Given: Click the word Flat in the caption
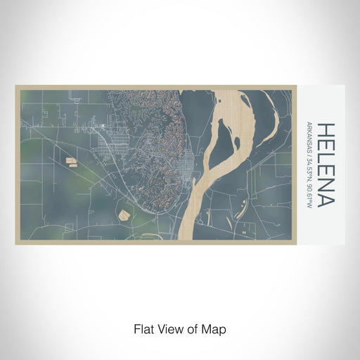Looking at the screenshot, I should click(x=143, y=329).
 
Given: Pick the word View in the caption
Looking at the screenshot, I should click(x=167, y=329).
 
